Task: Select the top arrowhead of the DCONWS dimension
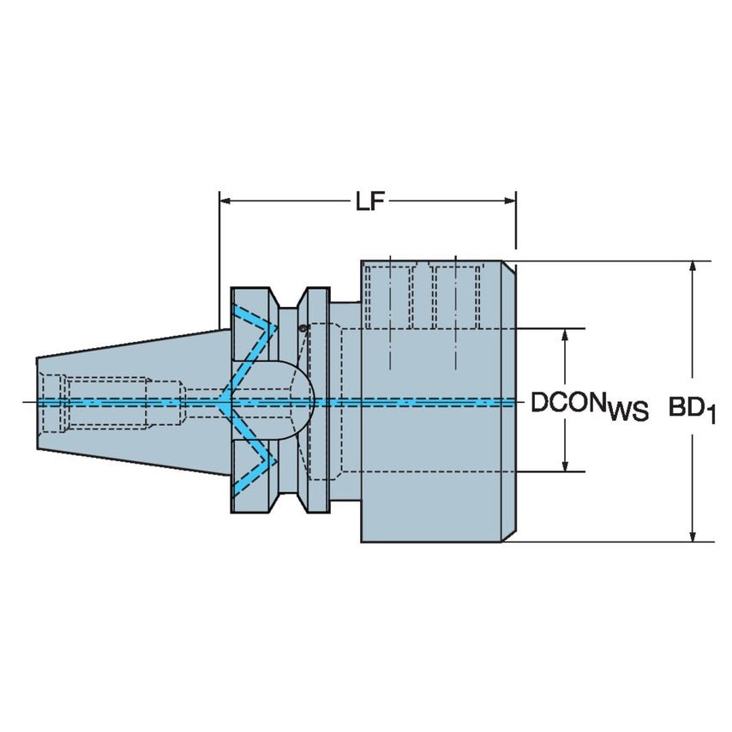pyautogui.click(x=565, y=335)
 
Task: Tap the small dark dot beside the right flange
pyautogui.click(x=303, y=328)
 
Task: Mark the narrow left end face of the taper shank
pyautogui.click(x=39, y=401)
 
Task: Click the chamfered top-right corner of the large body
pyautogui.click(x=508, y=267)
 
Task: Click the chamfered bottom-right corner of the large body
pyautogui.click(x=508, y=535)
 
